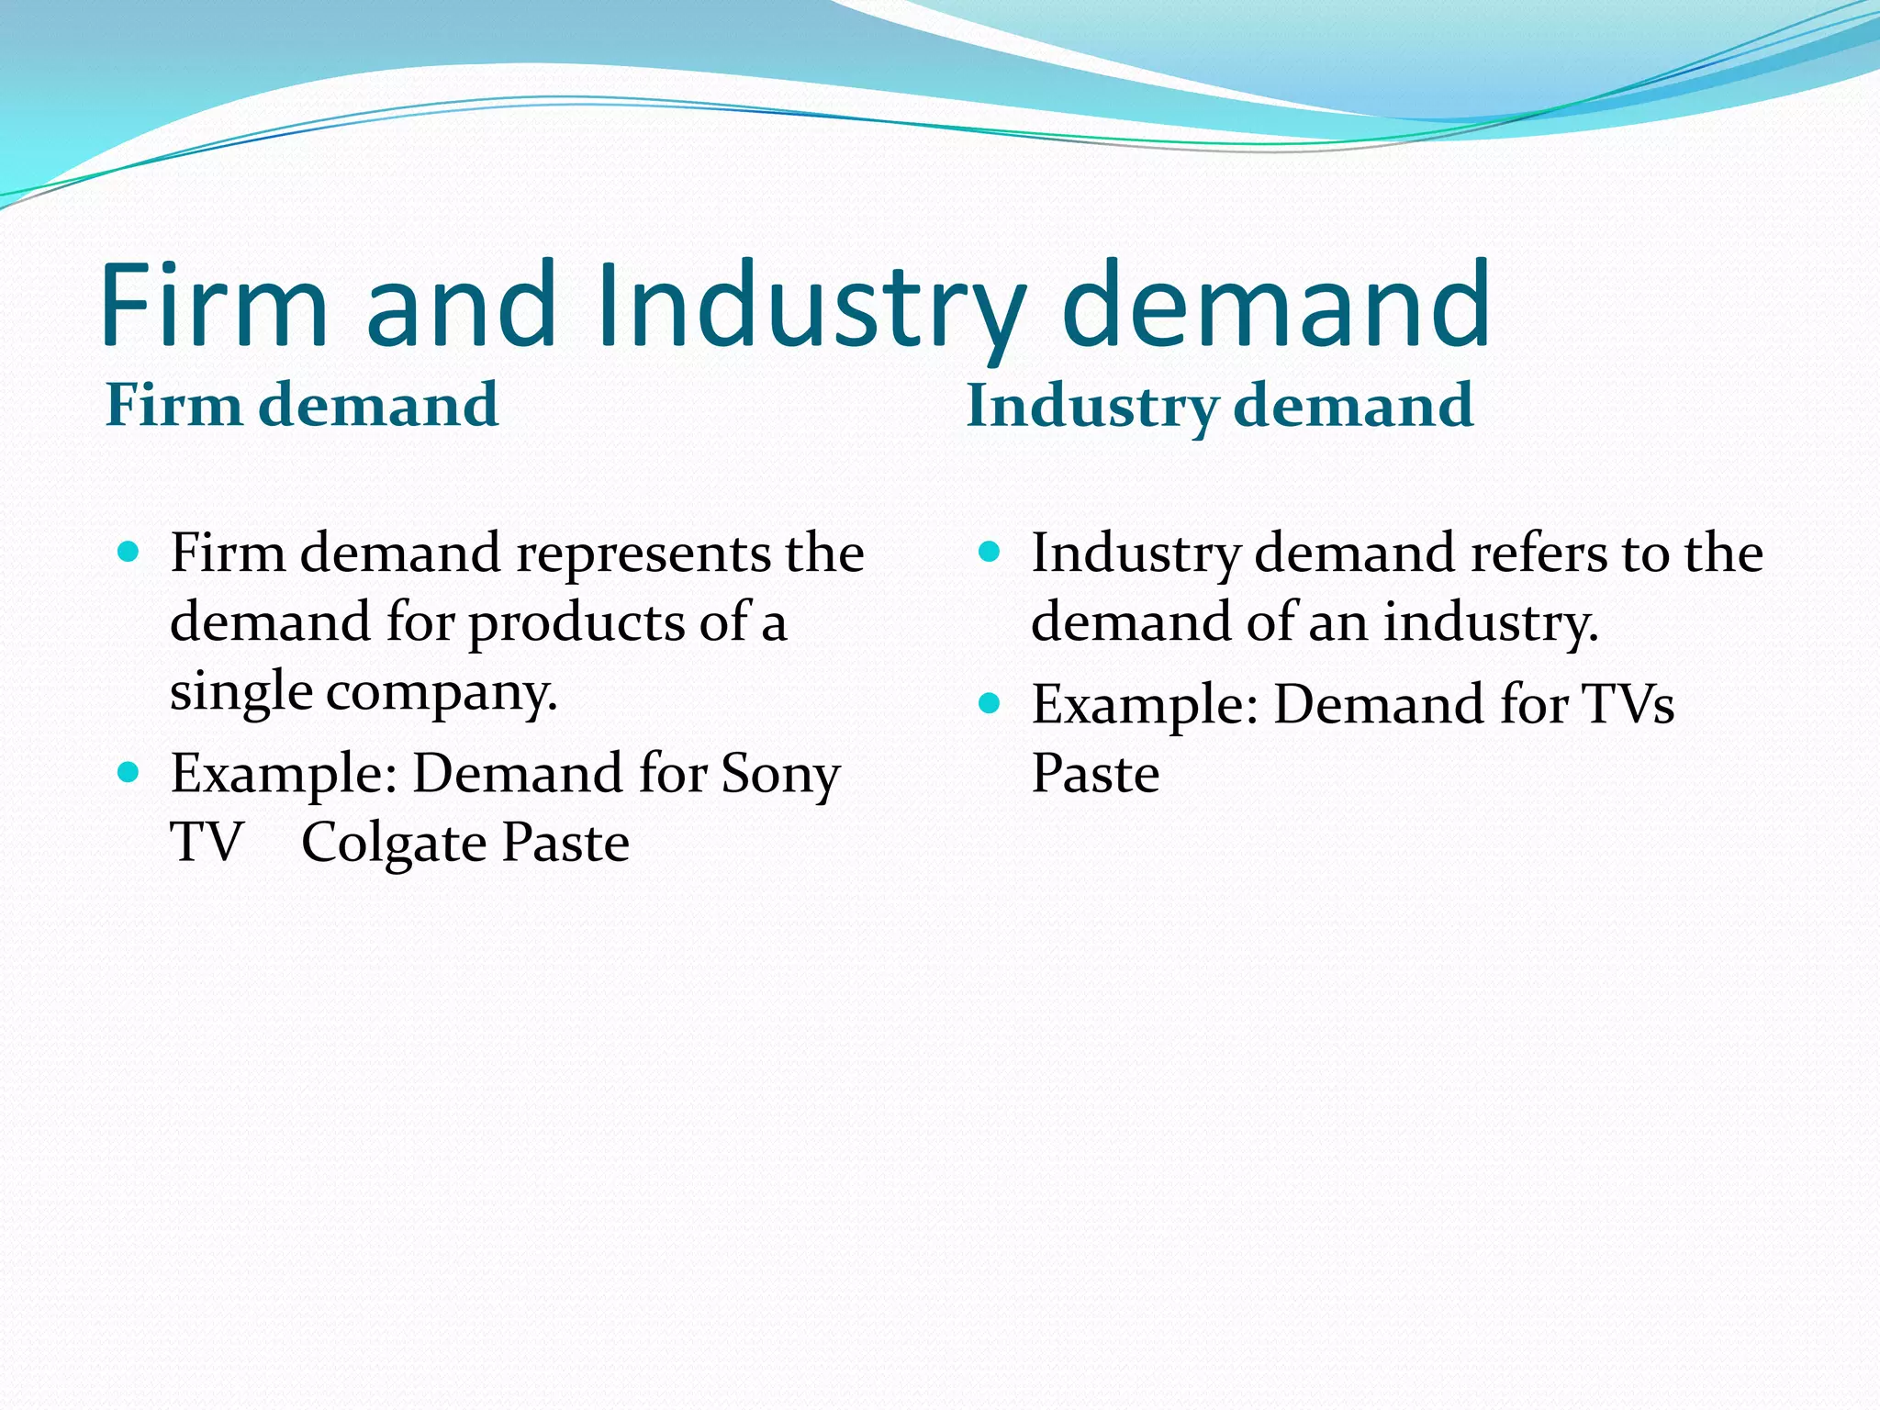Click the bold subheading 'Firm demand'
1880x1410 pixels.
(x=302, y=405)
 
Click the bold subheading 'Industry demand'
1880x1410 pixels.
(x=1220, y=405)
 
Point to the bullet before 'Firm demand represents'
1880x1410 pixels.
(x=129, y=552)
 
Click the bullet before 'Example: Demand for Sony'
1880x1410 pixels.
(x=129, y=772)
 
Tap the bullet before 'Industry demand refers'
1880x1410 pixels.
(x=989, y=552)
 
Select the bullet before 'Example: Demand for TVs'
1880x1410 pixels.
(x=989, y=703)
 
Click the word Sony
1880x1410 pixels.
(x=780, y=774)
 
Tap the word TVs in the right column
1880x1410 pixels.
(x=1628, y=705)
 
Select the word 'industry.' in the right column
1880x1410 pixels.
(x=1491, y=622)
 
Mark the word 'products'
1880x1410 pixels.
(x=576, y=624)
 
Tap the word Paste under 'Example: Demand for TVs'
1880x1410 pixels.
(x=1095, y=774)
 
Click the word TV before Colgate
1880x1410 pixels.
(x=207, y=843)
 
